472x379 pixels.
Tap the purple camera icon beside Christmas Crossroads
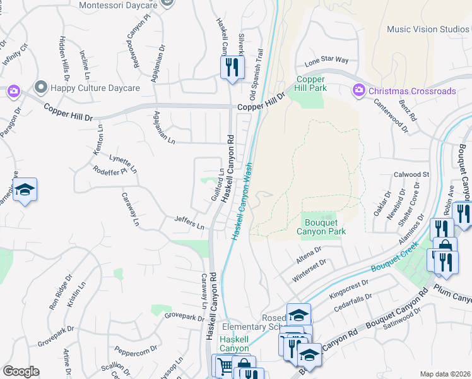tap(359, 91)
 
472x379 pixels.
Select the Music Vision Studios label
tap(428, 29)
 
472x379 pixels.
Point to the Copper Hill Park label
tap(312, 83)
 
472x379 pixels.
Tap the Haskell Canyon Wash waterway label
tap(242, 201)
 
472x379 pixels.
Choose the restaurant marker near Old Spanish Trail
tap(232, 67)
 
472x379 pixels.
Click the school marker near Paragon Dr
tap(25, 190)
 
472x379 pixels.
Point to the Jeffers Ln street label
tap(190, 223)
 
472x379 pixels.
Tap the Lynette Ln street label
tap(123, 165)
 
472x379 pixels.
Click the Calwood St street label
tap(411, 174)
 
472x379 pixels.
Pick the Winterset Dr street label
tap(310, 270)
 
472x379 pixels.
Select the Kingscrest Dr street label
tap(348, 287)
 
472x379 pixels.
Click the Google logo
tap(21, 371)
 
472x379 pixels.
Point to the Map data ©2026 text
tap(444, 374)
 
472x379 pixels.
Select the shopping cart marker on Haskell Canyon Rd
tap(225, 365)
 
